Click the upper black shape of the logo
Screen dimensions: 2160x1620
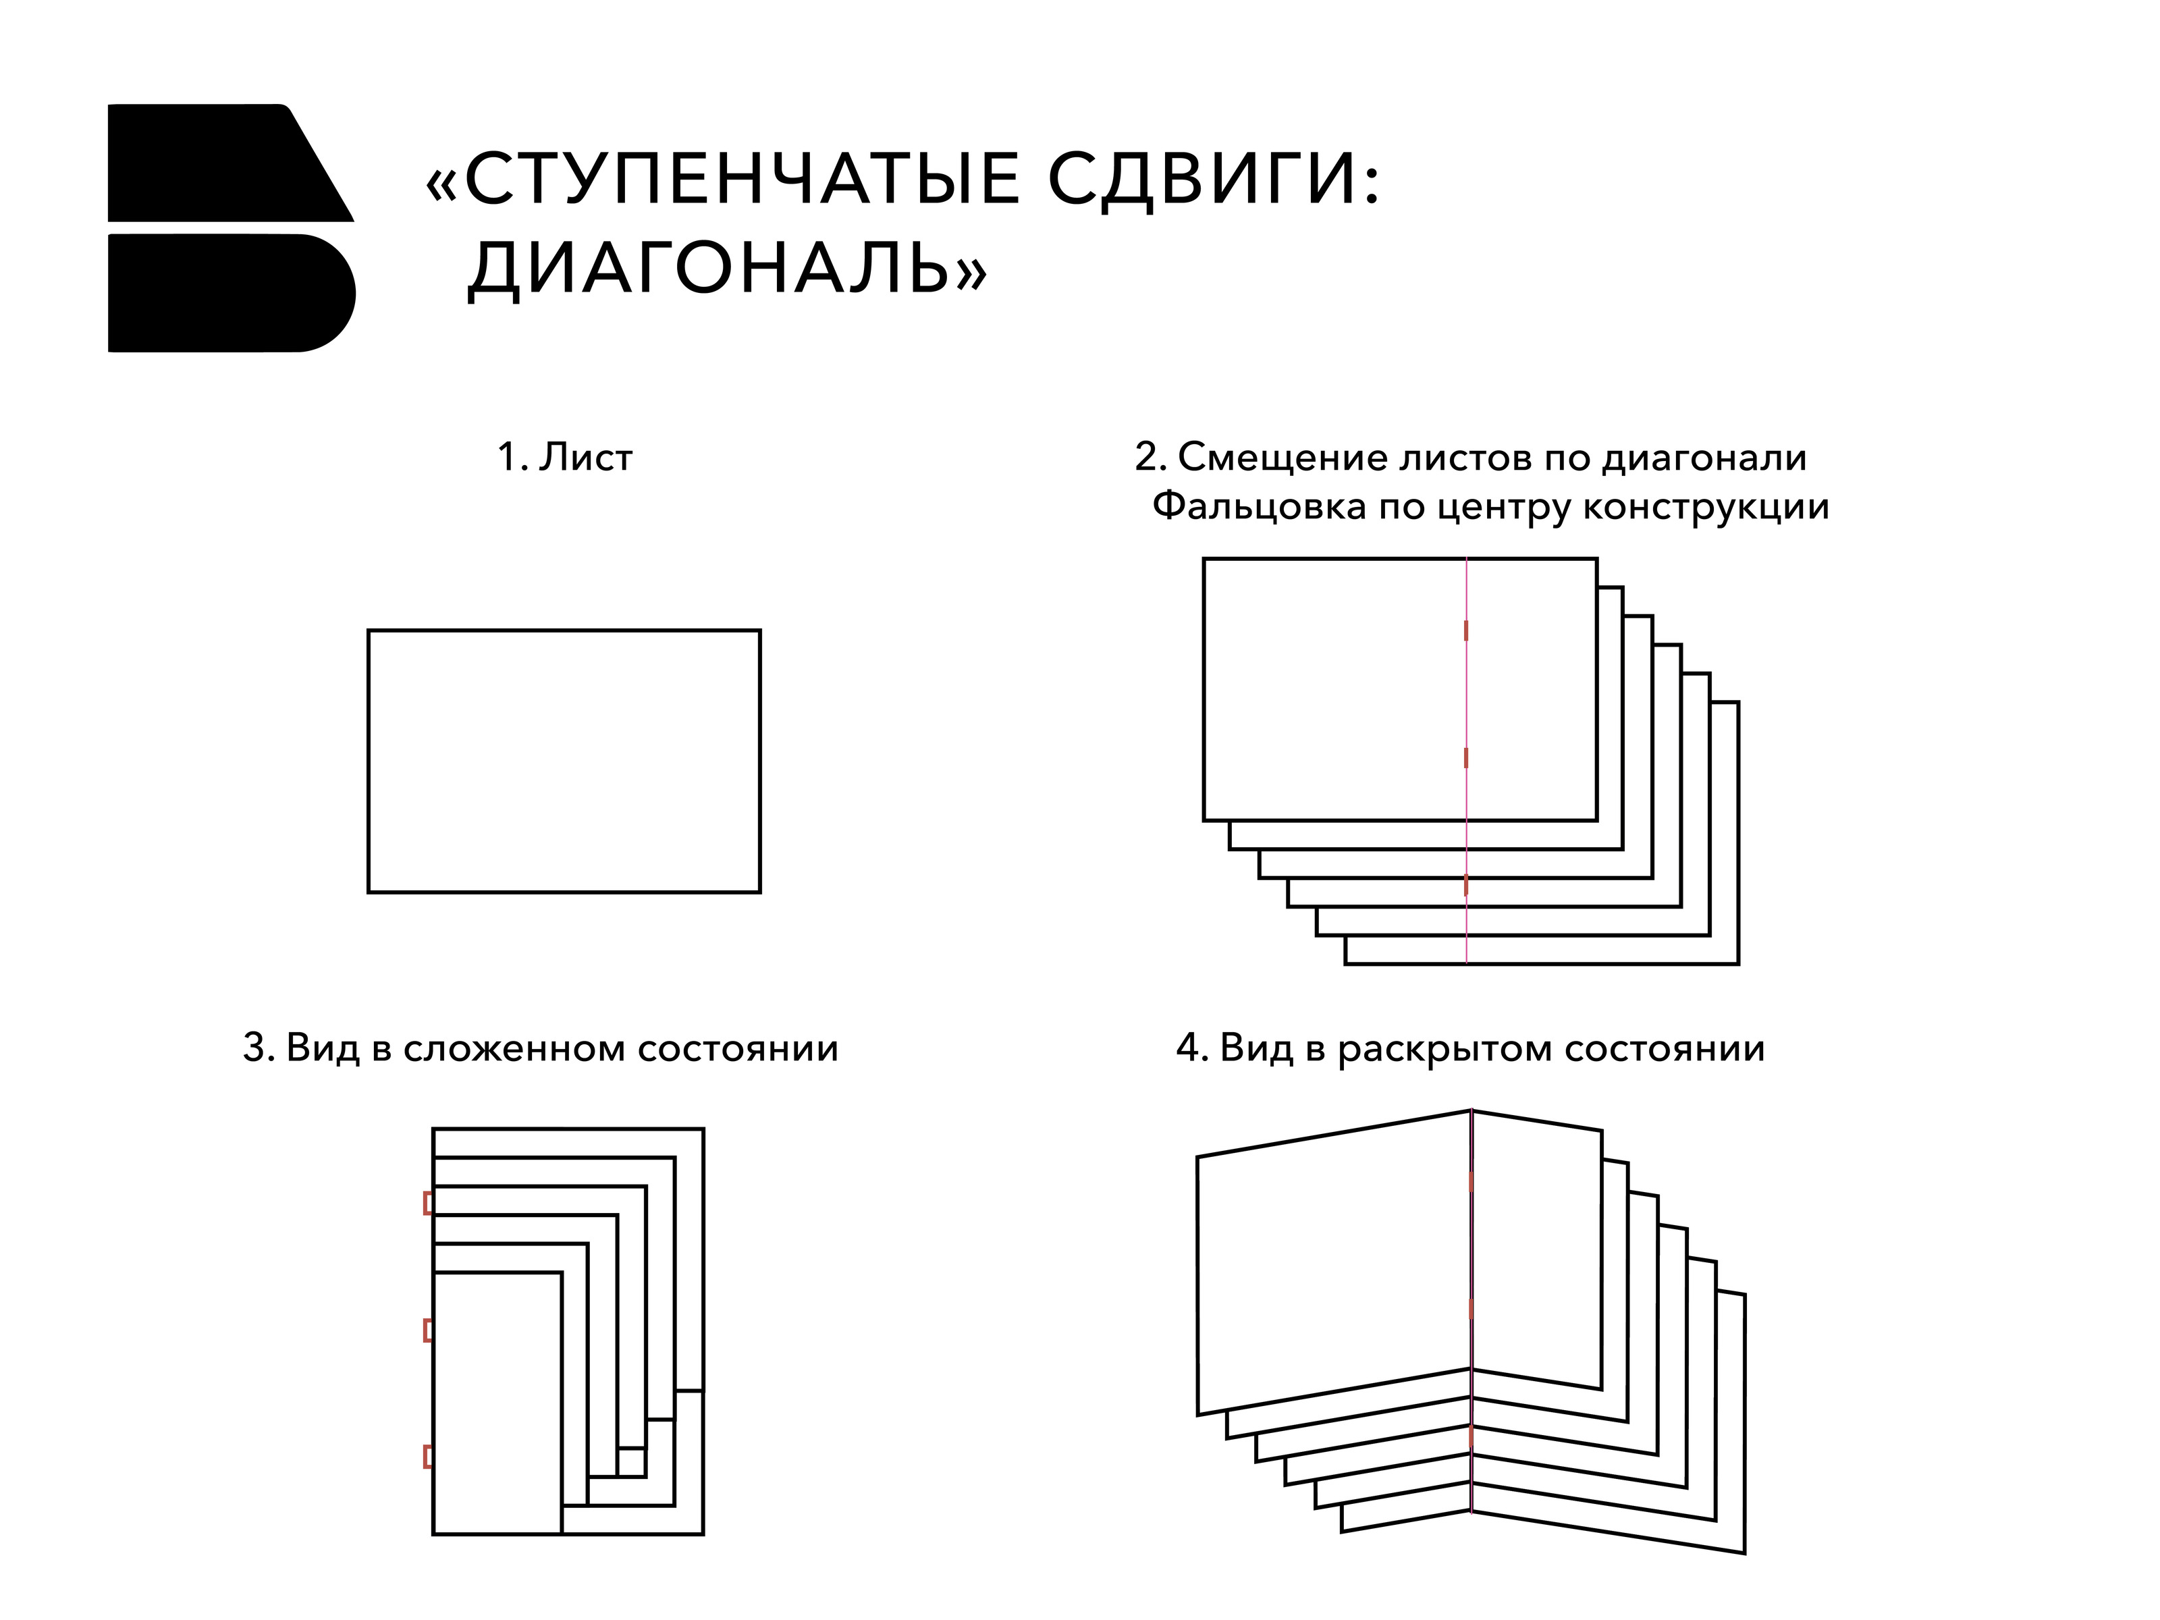tap(230, 162)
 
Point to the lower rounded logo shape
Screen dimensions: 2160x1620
tap(232, 293)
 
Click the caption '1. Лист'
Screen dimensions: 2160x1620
tap(566, 457)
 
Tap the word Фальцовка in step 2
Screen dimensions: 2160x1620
tap(1259, 507)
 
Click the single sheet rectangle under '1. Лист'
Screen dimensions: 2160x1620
tap(564, 761)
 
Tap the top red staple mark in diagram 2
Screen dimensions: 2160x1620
tap(1465, 631)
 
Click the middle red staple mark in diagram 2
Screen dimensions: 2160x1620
tap(1465, 758)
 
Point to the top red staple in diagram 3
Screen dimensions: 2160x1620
tap(428, 1203)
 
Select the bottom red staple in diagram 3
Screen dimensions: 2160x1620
tap(428, 1457)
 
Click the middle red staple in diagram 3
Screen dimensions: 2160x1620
tap(428, 1330)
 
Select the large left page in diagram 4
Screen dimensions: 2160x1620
tap(1334, 1262)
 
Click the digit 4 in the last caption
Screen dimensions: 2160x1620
tap(1187, 1049)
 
